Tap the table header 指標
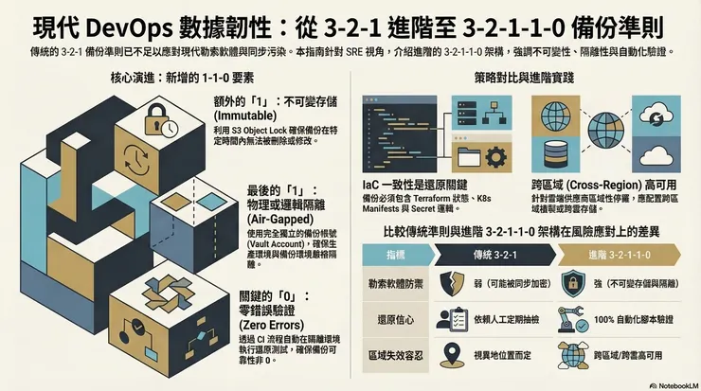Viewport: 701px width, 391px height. pyautogui.click(x=398, y=255)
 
